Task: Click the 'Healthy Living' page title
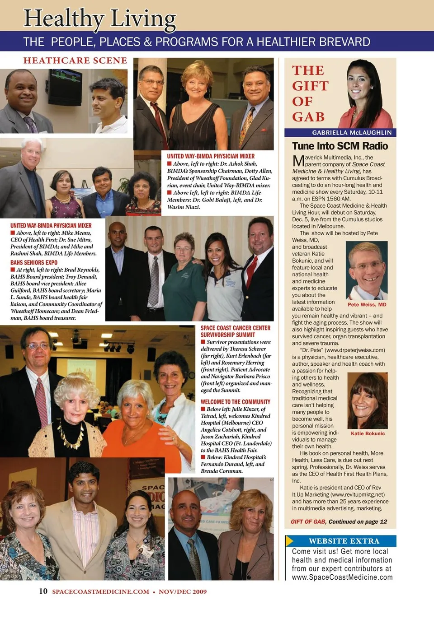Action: tap(99, 19)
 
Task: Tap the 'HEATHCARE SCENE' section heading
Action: tap(75, 61)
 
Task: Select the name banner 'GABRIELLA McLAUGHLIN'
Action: tap(352, 133)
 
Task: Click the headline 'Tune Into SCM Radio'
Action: tap(340, 146)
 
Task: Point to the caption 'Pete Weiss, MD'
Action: tap(367, 305)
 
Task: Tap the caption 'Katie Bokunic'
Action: tap(368, 433)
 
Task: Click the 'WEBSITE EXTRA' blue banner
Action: tap(344, 541)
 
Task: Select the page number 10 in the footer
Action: tap(43, 591)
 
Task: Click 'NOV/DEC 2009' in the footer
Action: tap(183, 592)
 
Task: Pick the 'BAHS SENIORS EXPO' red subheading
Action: tap(34, 262)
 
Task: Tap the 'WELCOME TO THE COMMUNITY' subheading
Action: tap(236, 402)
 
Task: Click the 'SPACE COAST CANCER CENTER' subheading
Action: tap(236, 328)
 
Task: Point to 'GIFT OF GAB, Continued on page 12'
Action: tap(339, 521)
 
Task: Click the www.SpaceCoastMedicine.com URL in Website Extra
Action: tap(342, 577)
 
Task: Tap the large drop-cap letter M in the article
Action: tap(298, 161)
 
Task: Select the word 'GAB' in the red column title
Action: tap(308, 117)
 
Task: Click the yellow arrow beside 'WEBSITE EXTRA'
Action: tap(289, 541)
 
